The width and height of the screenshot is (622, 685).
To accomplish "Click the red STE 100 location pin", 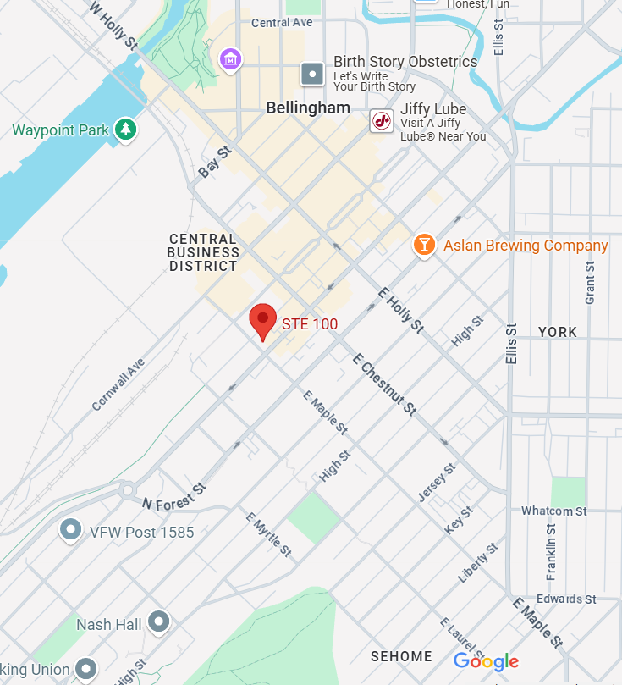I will click(263, 320).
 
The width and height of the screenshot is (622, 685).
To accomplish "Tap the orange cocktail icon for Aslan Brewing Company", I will click(423, 246).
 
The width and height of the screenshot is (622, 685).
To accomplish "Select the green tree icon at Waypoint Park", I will click(126, 130).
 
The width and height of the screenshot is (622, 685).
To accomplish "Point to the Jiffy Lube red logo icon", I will click(382, 121).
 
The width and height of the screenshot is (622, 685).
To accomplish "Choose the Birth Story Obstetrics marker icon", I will click(313, 74).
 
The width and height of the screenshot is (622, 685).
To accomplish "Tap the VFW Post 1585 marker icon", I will click(70, 531).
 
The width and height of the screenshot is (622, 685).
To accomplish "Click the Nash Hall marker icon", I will click(158, 623).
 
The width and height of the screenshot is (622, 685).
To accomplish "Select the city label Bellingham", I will click(308, 108).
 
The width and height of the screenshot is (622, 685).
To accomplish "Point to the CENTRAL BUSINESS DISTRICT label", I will click(203, 252).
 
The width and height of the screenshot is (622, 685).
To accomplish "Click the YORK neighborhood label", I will click(557, 332).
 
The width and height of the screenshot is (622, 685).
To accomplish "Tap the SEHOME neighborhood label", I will click(401, 656).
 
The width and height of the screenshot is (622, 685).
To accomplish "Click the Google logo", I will click(486, 661).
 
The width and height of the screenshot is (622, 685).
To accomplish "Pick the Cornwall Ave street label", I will click(118, 384).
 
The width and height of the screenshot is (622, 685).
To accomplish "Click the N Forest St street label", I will click(174, 497).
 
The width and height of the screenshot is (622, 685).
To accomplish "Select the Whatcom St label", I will click(553, 511).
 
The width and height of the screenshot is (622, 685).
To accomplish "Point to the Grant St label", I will click(590, 282).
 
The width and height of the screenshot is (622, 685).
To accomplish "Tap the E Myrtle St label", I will click(268, 534).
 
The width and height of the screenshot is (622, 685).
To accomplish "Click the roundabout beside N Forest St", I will click(127, 490).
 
